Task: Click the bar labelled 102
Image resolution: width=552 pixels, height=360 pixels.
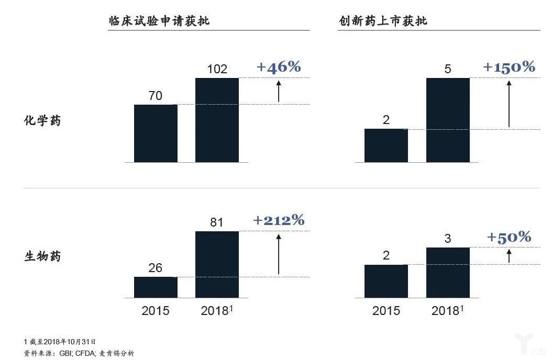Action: (x=217, y=120)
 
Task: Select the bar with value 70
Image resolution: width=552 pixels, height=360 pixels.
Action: (x=156, y=133)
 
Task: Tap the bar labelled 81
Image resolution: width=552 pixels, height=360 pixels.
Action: (x=217, y=264)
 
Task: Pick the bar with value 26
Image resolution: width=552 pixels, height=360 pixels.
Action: (x=156, y=287)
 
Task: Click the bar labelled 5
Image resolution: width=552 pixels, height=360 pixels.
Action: (x=448, y=120)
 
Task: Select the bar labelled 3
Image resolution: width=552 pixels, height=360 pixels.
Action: (x=448, y=272)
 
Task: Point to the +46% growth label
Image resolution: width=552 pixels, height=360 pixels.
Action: (x=279, y=67)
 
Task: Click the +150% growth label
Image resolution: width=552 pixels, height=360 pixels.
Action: (x=509, y=67)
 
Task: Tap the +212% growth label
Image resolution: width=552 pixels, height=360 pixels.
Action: (x=279, y=220)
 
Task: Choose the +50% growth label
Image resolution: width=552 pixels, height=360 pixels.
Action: (x=509, y=237)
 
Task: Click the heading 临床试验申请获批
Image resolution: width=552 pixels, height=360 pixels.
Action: (x=162, y=21)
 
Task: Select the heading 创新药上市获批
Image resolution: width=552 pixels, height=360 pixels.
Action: (x=382, y=21)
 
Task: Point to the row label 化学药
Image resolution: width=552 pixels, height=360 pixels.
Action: (x=42, y=121)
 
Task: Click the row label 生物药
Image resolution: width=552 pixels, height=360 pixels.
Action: (x=42, y=257)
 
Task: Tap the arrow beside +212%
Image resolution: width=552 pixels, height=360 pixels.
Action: (x=279, y=254)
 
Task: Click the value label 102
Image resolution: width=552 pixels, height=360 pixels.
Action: (x=217, y=69)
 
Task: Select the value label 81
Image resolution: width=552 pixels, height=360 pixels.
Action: (x=217, y=222)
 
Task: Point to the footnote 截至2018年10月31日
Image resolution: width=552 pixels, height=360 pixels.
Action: (x=60, y=342)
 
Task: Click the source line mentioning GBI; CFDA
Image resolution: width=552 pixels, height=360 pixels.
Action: (x=79, y=353)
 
